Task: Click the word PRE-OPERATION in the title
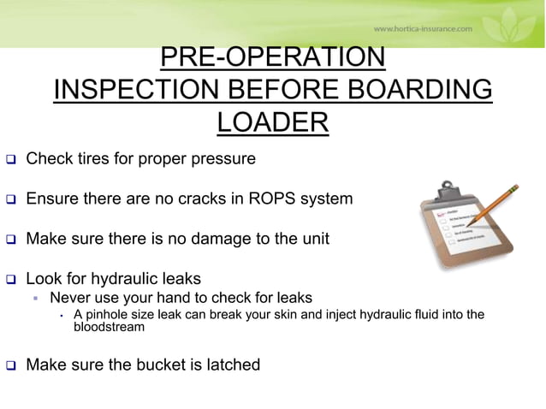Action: [x=272, y=58]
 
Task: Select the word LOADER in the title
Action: [x=272, y=122]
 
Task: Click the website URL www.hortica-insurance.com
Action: [x=422, y=28]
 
